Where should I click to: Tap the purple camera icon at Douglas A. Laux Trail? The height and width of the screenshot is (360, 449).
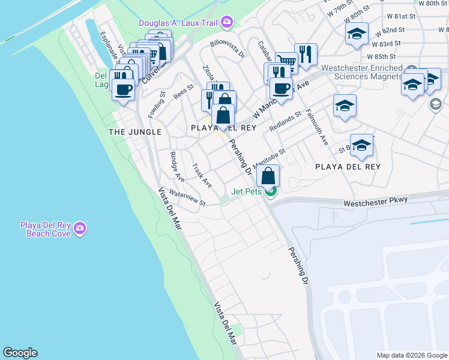[226, 23]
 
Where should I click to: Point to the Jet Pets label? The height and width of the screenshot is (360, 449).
[248, 192]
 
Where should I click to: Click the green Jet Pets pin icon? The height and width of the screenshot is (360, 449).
[271, 192]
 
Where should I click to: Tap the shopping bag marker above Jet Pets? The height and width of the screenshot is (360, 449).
[268, 176]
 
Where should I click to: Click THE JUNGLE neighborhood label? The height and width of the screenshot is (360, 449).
[135, 131]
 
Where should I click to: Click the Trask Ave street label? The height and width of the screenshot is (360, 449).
[202, 175]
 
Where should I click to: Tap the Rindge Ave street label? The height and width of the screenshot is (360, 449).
[177, 166]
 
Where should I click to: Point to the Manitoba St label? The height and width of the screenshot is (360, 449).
[268, 158]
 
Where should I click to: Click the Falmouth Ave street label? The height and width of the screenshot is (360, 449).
[317, 127]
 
